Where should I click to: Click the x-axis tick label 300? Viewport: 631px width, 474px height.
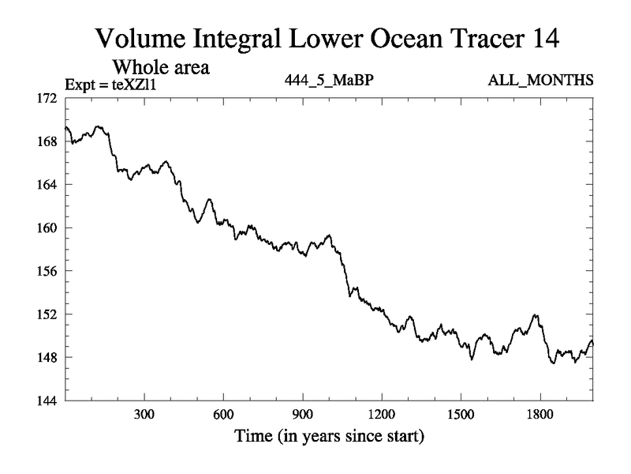(144, 415)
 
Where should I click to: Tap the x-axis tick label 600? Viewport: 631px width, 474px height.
(223, 415)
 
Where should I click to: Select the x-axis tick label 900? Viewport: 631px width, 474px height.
(302, 415)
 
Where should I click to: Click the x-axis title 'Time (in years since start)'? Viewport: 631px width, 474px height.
(328, 436)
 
